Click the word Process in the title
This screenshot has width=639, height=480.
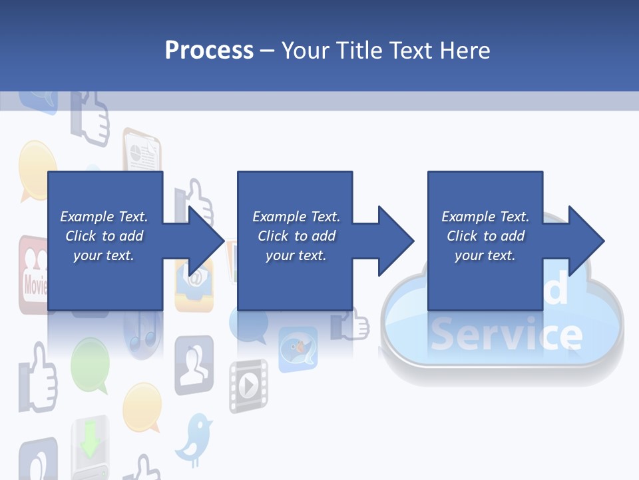point(209,50)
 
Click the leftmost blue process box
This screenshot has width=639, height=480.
point(105,240)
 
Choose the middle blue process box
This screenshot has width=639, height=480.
point(295,240)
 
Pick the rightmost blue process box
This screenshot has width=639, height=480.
point(485,240)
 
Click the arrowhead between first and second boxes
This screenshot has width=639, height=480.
point(206,241)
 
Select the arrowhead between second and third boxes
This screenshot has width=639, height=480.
point(396,241)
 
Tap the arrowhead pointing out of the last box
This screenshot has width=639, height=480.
point(586,241)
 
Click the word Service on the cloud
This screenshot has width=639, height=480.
point(506,335)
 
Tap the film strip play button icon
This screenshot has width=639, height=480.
point(248,385)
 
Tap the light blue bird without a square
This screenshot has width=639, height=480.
point(194,437)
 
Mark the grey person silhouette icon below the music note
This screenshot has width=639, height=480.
point(194,365)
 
